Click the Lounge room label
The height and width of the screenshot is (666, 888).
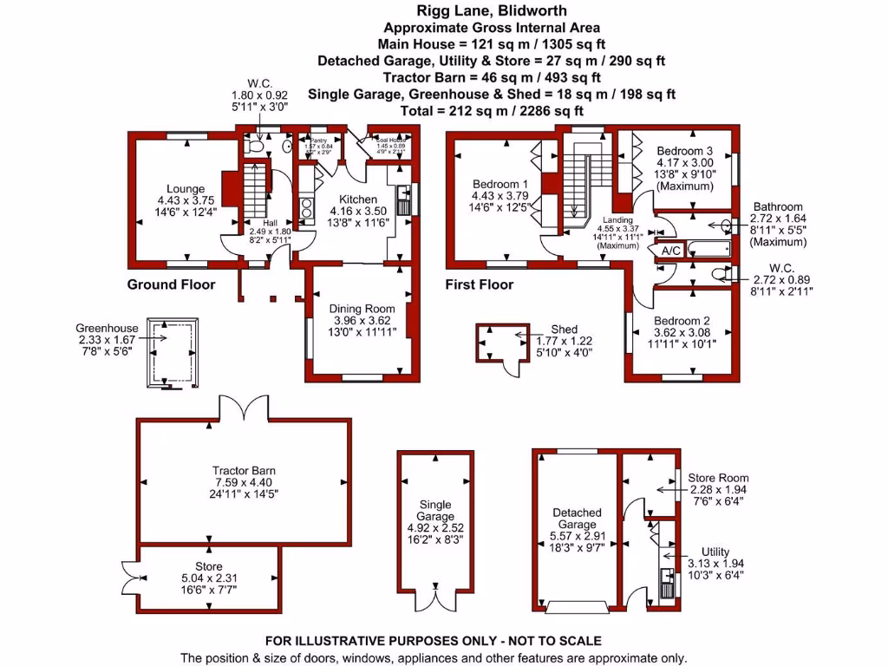coord(186,189)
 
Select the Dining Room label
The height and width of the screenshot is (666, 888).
coord(362,309)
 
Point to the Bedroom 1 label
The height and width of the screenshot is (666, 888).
coord(499,185)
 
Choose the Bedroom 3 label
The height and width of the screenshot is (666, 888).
coord(684,150)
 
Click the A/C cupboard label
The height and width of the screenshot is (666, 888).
coord(670,251)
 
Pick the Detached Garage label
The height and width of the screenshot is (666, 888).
coord(577,519)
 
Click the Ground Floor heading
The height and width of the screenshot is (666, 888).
coord(171,284)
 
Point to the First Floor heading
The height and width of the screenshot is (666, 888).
coord(480,284)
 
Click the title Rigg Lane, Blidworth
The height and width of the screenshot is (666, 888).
coord(443,11)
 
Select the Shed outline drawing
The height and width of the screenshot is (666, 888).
coord(497,343)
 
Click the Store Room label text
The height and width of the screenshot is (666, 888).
coord(718,478)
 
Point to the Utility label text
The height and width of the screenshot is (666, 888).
coord(715,552)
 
